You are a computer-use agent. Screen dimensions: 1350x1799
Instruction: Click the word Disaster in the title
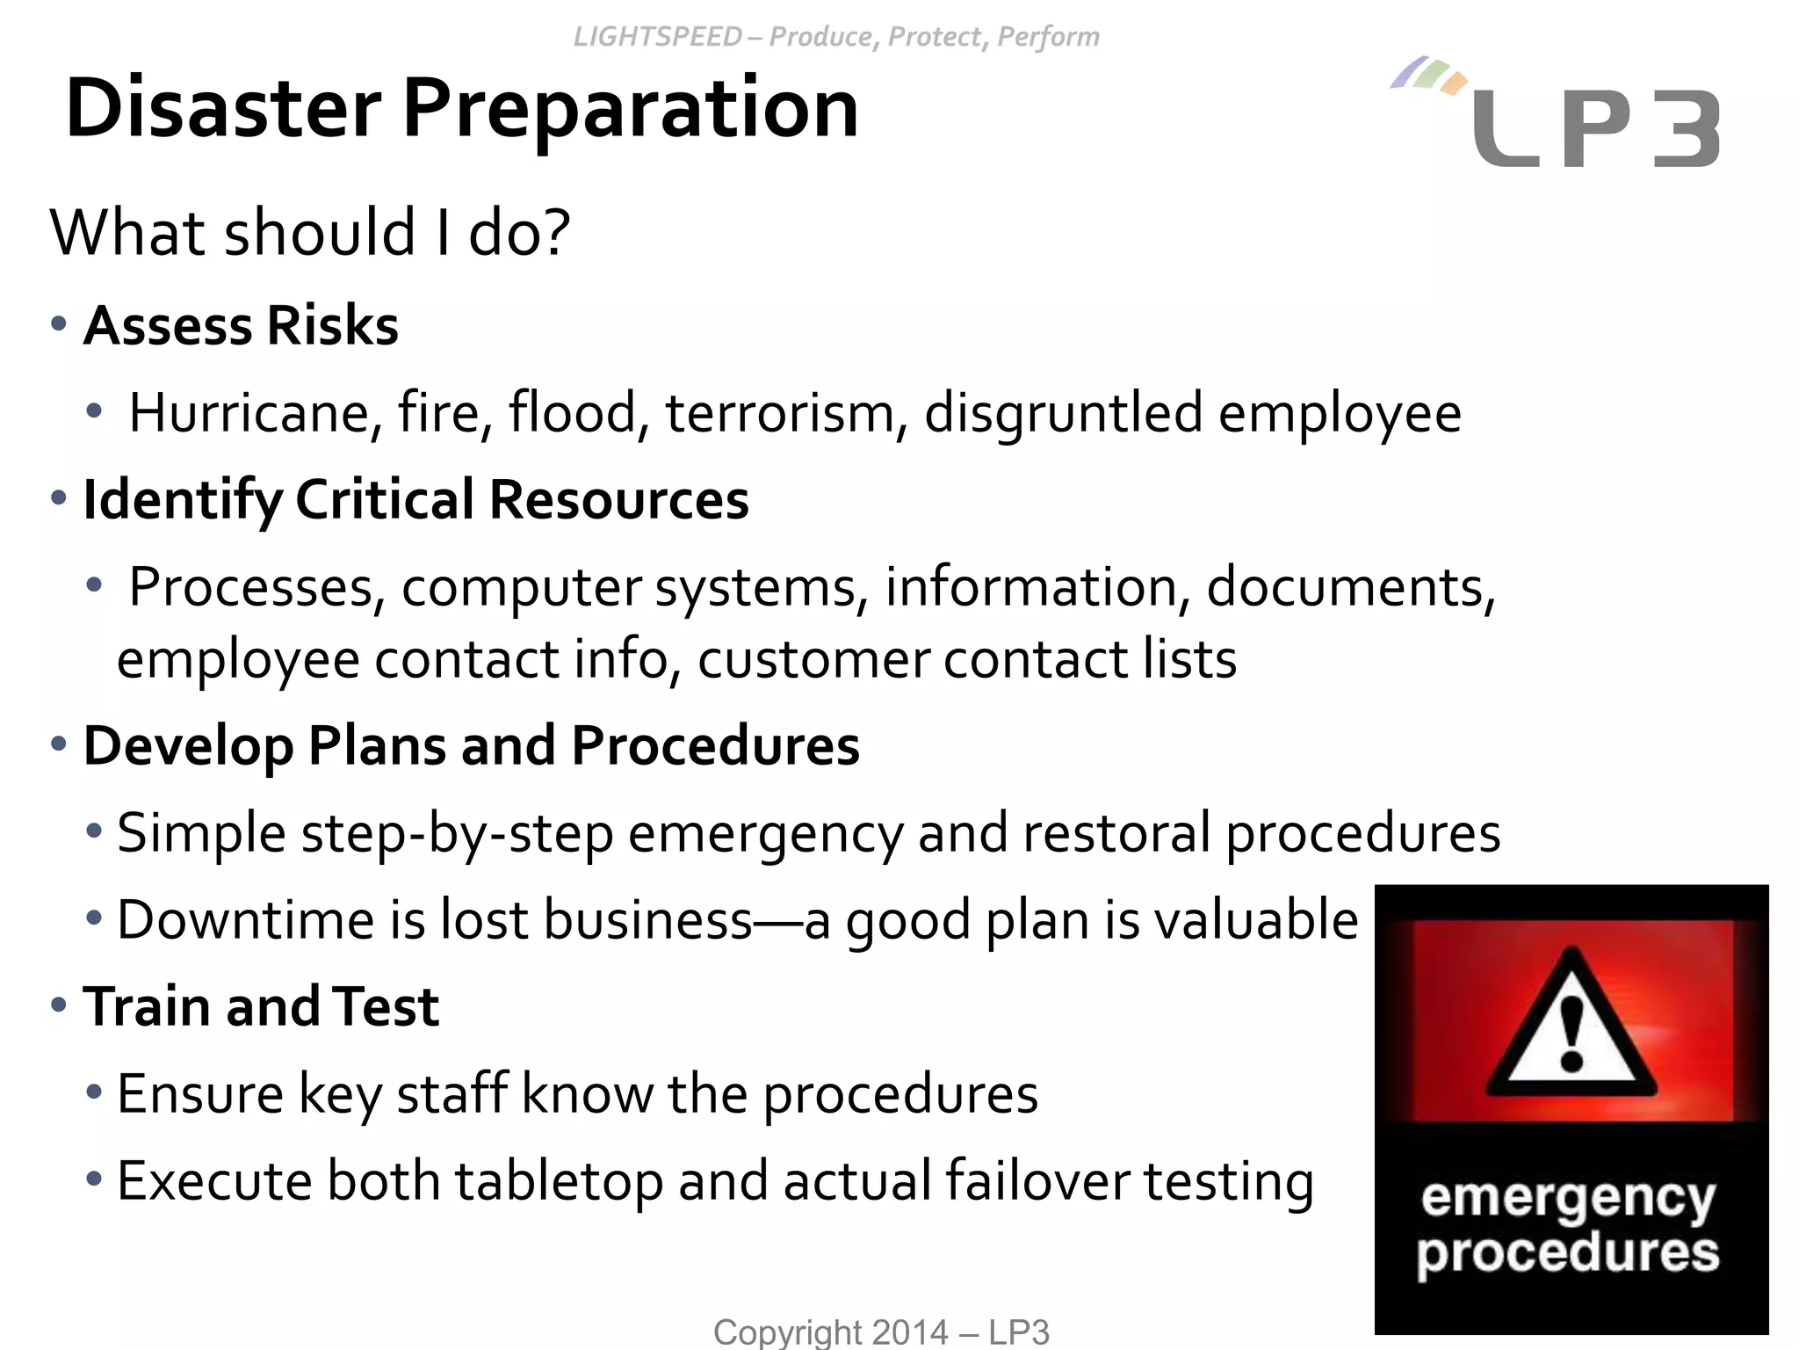223,109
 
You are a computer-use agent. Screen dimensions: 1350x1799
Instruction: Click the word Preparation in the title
630,109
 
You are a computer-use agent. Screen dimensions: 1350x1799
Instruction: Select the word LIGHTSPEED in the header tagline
657,37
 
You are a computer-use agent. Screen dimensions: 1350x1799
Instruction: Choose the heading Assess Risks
241,325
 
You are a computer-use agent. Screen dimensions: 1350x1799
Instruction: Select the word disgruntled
1063,413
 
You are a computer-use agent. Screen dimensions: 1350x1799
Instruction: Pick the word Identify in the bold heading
182,499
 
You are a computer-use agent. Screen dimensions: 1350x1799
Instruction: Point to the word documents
1350,587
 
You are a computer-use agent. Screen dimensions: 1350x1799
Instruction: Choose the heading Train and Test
261,1006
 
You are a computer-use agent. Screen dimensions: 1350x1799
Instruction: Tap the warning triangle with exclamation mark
1571,1024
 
